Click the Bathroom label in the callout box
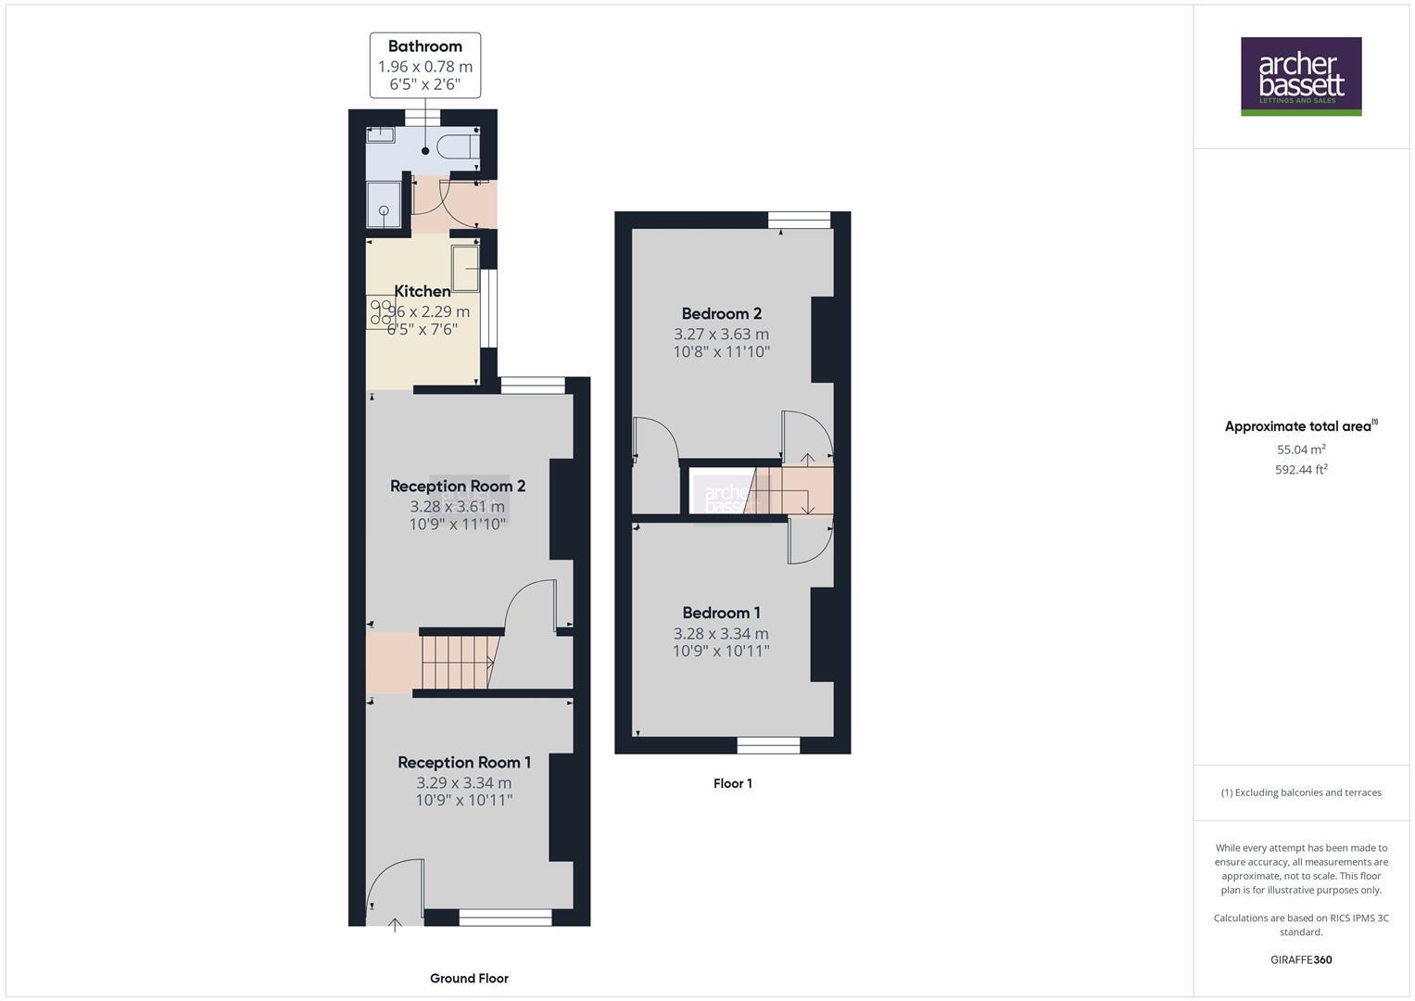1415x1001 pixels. point(424,46)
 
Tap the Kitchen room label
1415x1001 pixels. point(422,291)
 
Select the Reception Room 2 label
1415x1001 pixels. point(458,486)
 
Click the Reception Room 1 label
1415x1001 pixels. point(464,762)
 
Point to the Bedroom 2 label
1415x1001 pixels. point(721,313)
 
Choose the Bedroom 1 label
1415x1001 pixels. point(721,613)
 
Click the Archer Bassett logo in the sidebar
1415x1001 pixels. point(1301,76)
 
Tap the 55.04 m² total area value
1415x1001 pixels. point(1301,450)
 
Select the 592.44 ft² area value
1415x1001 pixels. point(1301,470)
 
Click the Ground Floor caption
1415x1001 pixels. point(469,978)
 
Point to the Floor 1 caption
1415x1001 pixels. point(732,783)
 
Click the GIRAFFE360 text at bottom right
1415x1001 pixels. point(1301,959)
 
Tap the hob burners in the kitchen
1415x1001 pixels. point(381,310)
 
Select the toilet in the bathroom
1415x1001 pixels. point(459,147)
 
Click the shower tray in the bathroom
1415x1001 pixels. point(384,204)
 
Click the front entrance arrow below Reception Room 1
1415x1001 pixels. point(395,924)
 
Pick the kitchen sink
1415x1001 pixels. point(464,268)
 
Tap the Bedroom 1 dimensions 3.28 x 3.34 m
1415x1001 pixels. point(721,633)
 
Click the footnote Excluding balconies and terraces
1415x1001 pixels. point(1301,792)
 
